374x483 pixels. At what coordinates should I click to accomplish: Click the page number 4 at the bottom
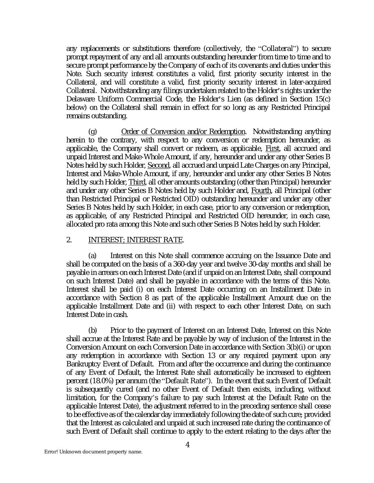187,445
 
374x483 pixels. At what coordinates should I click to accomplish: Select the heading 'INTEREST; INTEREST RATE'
135,240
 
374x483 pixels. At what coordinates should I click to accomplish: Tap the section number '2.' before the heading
69,240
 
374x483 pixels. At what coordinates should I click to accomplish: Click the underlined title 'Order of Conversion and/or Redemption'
183,132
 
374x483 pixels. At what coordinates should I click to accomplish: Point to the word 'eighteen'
318,372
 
